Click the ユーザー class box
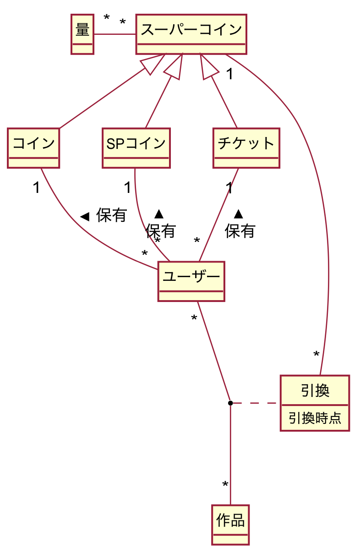[x=191, y=281]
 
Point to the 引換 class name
[x=315, y=391]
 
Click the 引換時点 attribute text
[x=315, y=418]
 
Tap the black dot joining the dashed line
[x=230, y=403]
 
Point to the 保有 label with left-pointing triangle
[x=111, y=215]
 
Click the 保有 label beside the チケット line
[x=240, y=231]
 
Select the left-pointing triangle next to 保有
[x=84, y=216]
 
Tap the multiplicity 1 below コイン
[x=36, y=187]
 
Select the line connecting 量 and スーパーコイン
[x=115, y=34]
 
